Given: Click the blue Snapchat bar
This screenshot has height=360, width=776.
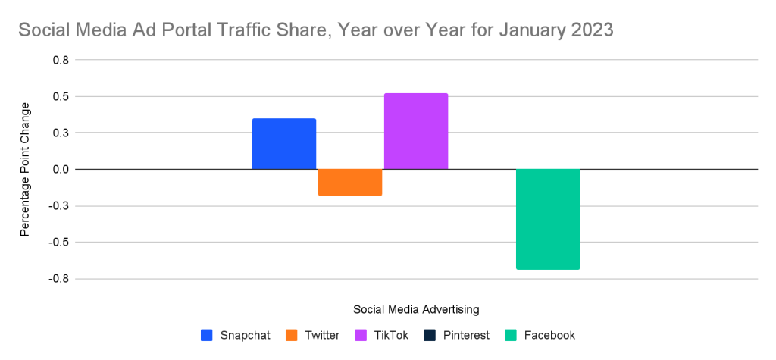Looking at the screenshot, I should tap(284, 144).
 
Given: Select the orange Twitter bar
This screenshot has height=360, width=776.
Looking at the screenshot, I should tap(350, 183).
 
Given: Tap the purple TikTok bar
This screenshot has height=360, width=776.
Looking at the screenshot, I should tap(416, 131).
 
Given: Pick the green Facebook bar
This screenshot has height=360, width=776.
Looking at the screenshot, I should tap(548, 219).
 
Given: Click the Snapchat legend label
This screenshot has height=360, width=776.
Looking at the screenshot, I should tap(245, 335).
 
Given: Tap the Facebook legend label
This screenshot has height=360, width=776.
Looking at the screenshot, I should tap(549, 335).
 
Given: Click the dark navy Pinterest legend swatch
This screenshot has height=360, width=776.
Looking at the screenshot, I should tap(430, 335).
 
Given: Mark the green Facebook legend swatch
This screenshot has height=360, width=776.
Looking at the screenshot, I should tap(512, 335).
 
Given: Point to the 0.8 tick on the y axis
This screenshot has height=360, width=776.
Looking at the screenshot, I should tap(58, 60).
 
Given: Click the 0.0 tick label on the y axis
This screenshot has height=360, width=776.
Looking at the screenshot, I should tap(58, 169).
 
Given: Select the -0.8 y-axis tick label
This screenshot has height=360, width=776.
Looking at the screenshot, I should tap(57, 279).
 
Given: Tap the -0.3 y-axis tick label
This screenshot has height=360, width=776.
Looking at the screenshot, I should tap(57, 206).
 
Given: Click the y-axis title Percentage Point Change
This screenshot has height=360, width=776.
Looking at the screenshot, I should tap(24, 170).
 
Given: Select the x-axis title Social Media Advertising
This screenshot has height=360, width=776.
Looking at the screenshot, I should tap(416, 309).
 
